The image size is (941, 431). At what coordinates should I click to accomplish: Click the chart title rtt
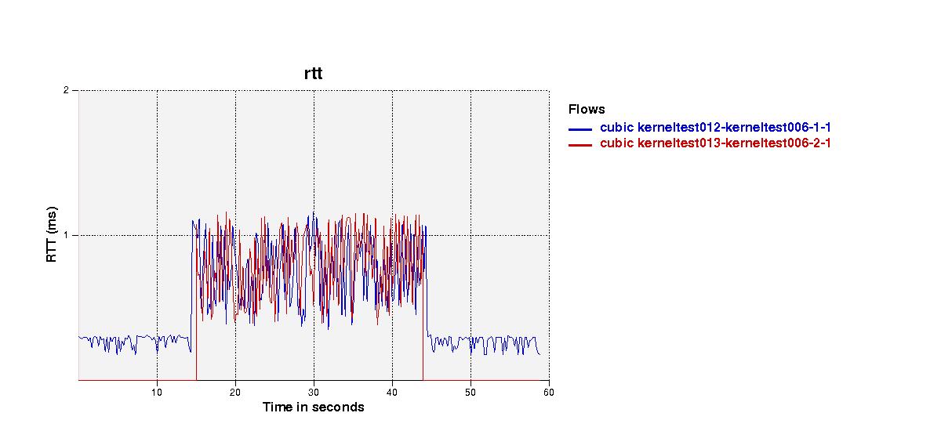point(314,74)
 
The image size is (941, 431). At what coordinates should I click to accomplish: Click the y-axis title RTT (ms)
point(51,234)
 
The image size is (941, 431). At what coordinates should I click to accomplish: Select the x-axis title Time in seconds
point(314,407)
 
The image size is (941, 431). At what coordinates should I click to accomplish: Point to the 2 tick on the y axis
point(66,90)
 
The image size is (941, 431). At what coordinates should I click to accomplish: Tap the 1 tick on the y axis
point(66,235)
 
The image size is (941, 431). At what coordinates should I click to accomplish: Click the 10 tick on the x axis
point(157,393)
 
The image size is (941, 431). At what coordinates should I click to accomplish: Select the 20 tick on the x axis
point(235,393)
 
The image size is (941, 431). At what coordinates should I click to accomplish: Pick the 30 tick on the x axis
point(314,393)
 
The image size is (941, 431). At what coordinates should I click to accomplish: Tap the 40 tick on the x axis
point(392,393)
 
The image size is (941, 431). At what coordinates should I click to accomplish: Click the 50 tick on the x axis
point(470,393)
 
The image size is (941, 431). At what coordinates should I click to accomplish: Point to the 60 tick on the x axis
point(549,393)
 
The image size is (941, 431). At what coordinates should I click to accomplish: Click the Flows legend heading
point(587,110)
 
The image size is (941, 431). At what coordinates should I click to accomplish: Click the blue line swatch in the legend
point(580,129)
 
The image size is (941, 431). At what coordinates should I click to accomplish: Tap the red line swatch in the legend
point(580,145)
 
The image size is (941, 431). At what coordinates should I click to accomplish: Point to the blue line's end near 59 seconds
point(540,355)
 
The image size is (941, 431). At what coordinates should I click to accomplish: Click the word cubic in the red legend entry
point(616,143)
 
